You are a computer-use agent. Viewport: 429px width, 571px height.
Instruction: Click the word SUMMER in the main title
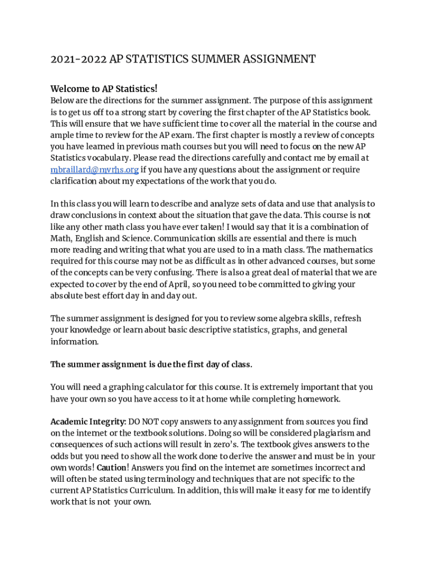pos(216,59)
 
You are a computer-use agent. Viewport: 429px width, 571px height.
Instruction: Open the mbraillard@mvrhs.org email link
pos(94,170)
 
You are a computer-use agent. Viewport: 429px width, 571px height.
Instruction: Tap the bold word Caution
pos(110,468)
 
